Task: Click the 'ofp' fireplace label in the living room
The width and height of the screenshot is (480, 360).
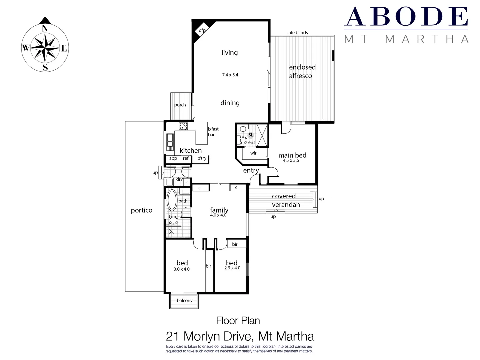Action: (x=202, y=31)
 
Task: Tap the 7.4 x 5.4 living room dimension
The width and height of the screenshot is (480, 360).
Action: (x=230, y=75)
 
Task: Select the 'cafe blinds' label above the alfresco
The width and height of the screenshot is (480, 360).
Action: (x=297, y=33)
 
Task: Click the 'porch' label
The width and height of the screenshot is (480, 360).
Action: (x=180, y=105)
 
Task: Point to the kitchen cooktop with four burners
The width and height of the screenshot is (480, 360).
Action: (x=183, y=126)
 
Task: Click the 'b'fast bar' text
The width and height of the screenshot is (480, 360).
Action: (x=213, y=132)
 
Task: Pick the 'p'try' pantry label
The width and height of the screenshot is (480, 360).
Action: (x=202, y=158)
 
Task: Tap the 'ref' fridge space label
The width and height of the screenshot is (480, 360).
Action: (x=186, y=158)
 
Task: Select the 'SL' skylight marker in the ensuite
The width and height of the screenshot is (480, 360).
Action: (x=251, y=135)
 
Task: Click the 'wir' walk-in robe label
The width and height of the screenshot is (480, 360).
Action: (x=253, y=153)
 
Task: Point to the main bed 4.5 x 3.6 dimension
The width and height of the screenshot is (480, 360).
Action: (x=291, y=161)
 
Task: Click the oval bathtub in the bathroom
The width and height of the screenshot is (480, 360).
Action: (x=172, y=200)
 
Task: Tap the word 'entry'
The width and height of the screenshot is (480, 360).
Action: (x=251, y=170)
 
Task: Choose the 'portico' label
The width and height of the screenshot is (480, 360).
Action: (x=142, y=210)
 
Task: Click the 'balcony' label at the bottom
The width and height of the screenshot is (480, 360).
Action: (x=185, y=301)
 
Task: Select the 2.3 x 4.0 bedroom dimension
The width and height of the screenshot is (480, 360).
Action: (x=232, y=268)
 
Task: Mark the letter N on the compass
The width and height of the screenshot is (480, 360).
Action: (x=45, y=29)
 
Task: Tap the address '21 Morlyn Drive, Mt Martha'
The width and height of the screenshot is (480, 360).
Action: (x=240, y=336)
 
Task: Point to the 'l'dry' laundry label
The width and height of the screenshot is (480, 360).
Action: (x=178, y=179)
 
